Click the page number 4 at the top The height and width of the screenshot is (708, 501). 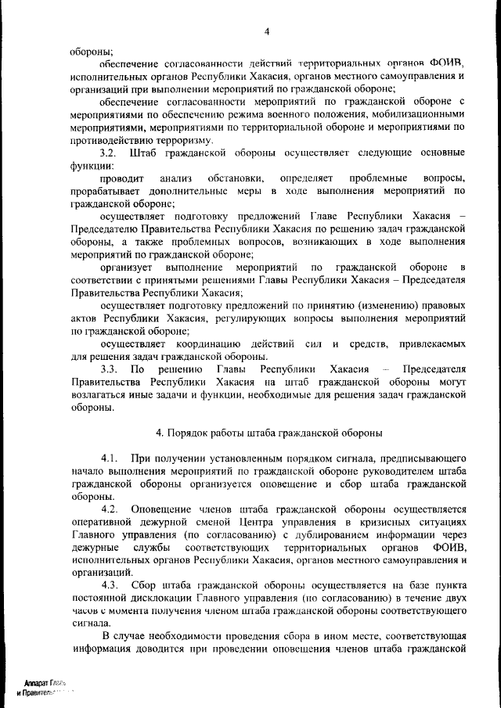pos(266,31)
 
